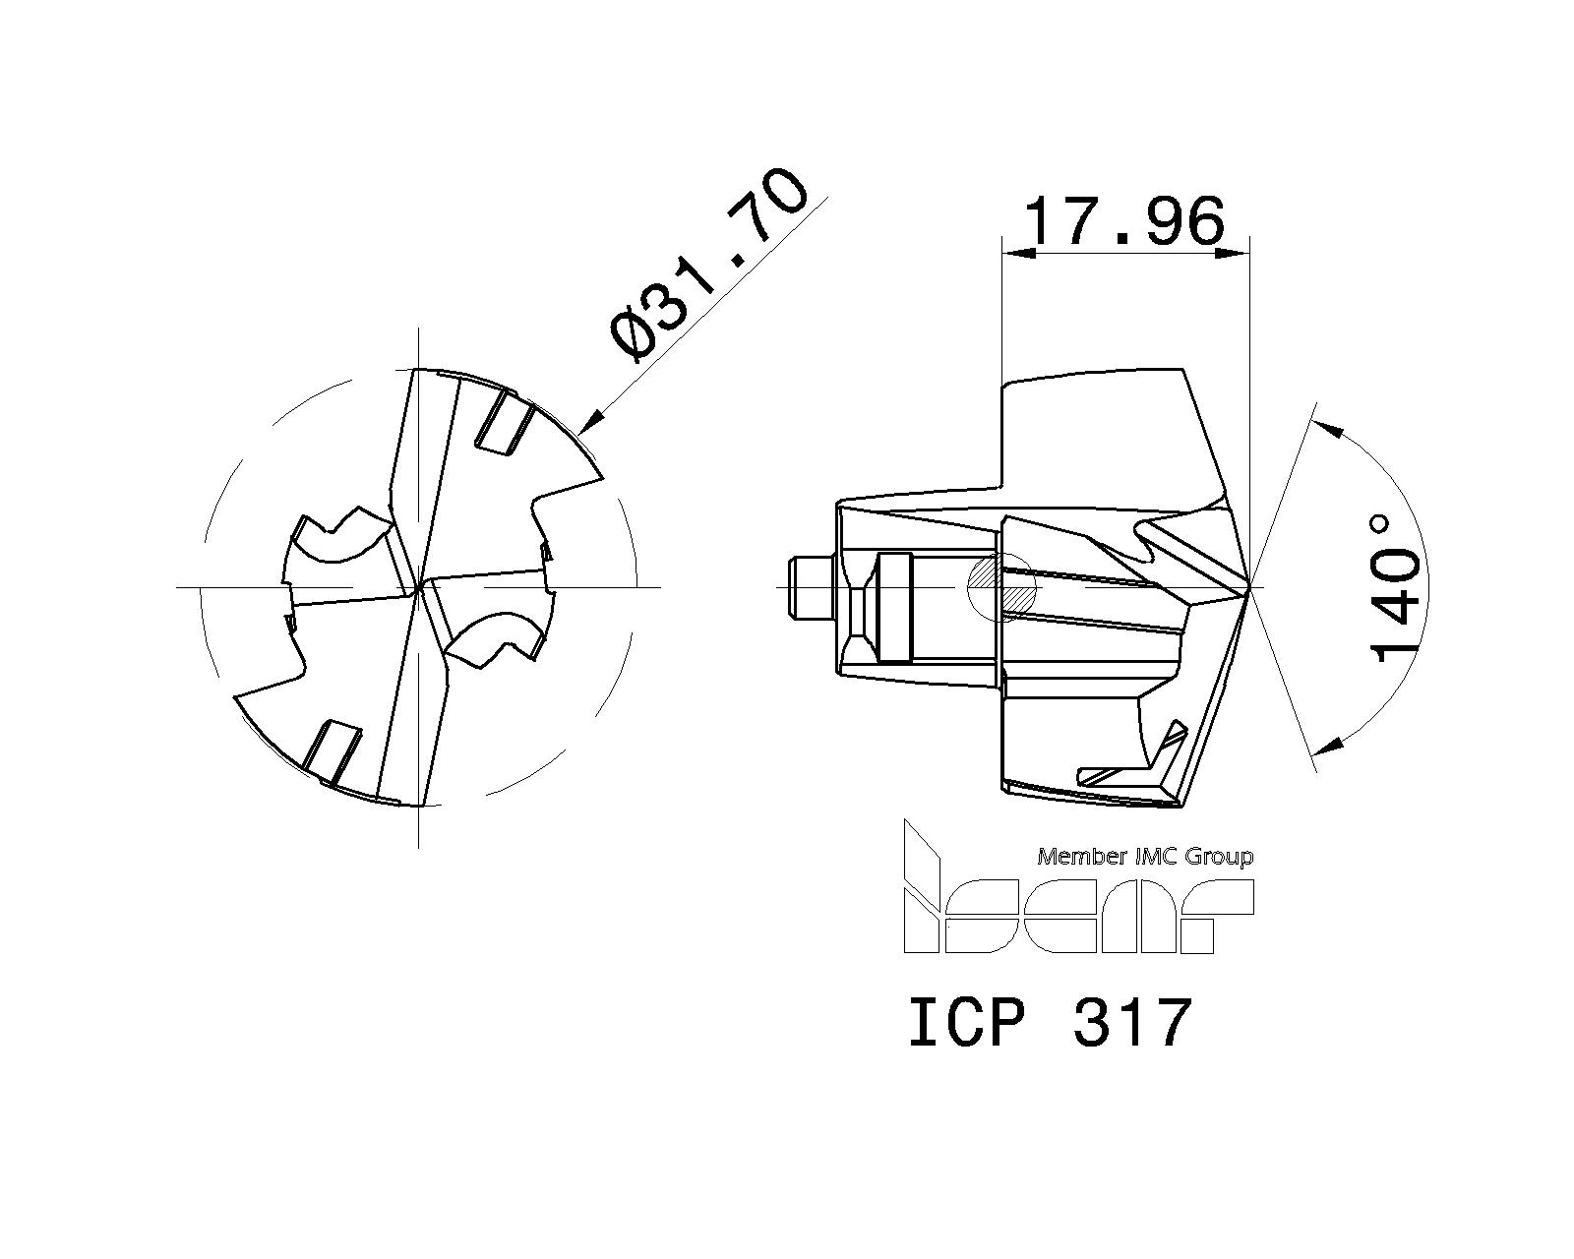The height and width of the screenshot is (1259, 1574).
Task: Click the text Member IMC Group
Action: click(1145, 856)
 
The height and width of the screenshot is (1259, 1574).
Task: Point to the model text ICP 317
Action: click(1049, 1022)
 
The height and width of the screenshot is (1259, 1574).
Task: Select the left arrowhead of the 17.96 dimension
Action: click(1013, 254)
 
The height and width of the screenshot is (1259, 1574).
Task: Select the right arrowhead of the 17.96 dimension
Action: click(1237, 254)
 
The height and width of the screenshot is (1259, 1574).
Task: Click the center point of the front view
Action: click(419, 587)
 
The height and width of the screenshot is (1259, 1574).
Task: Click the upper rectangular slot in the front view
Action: click(505, 422)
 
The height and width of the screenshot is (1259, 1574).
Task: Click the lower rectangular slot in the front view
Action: click(333, 752)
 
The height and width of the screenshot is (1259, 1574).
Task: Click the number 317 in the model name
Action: click(1132, 1022)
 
